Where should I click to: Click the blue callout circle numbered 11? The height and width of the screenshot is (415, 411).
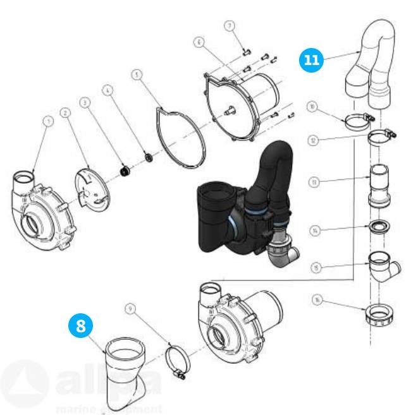[x=311, y=59]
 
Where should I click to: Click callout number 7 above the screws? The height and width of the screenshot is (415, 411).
[x=230, y=25]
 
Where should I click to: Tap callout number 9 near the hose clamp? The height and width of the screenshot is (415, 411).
[x=131, y=309]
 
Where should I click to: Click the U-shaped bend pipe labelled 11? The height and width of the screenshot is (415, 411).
[x=372, y=60]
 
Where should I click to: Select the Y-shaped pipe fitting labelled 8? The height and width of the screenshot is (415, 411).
[x=126, y=373]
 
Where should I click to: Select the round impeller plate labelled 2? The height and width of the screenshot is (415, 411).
[x=92, y=186]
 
